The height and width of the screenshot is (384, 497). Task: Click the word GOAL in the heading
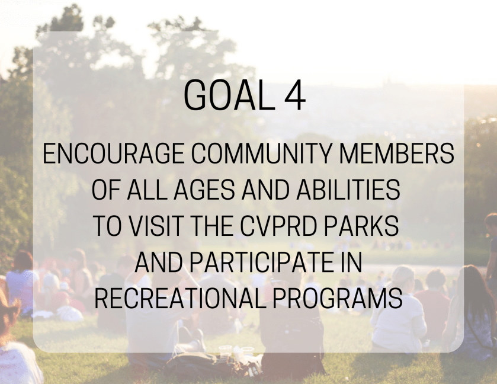point(225,95)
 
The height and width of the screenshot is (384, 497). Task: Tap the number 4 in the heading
point(295,95)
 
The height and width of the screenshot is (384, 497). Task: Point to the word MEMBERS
point(397,153)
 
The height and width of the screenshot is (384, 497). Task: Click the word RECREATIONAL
point(180,298)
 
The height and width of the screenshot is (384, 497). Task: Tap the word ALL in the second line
point(147,190)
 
